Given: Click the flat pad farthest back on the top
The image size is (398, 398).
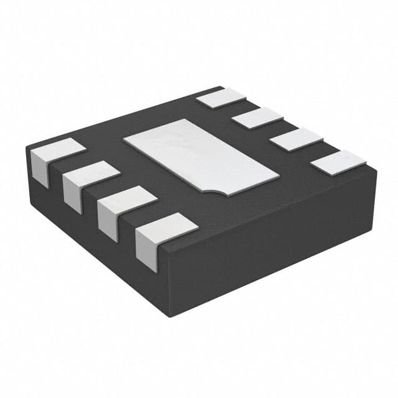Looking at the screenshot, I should pos(221,97).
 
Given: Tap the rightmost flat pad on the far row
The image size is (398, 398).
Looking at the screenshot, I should pos(338,163).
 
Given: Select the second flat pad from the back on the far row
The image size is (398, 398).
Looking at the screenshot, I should pos(257,118).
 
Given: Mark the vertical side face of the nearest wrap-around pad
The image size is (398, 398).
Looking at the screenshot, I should pos(146,252).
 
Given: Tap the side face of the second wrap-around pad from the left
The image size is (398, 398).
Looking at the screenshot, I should pos(72,194).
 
